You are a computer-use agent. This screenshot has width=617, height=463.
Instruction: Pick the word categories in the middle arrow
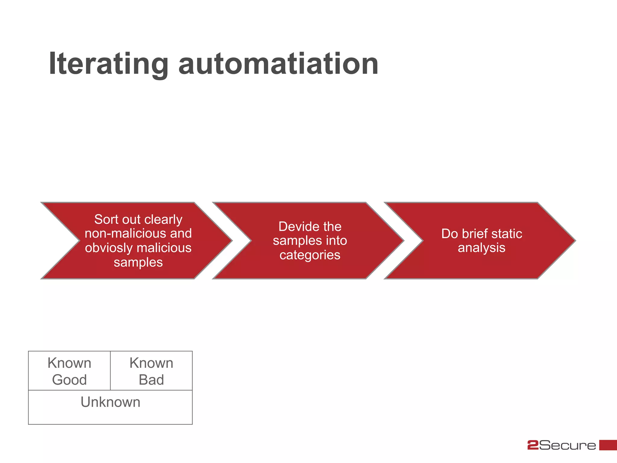pos(310,255)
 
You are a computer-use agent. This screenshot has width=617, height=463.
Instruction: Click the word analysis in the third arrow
pos(481,248)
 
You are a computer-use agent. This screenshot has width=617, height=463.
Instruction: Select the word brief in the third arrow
pos(472,234)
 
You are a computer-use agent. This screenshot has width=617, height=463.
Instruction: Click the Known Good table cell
pos(69,371)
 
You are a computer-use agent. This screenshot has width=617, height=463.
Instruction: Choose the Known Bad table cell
pos(151,371)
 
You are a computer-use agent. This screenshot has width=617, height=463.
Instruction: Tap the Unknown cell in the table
pos(110,407)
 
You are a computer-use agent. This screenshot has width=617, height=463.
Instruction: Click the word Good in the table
pos(69,380)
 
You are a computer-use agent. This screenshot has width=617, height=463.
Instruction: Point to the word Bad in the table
pos(151,380)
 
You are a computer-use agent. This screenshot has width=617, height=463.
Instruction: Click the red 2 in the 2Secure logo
pos(533,445)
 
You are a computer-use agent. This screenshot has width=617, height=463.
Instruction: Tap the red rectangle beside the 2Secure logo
pos(608,445)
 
